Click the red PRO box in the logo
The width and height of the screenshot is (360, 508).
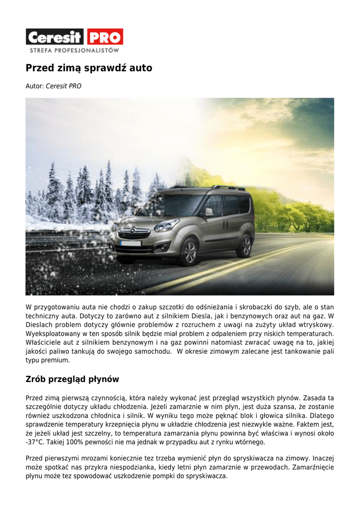tap(105, 37)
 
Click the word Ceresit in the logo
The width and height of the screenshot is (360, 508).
tap(56, 37)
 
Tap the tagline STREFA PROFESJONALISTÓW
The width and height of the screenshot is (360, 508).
tap(74, 50)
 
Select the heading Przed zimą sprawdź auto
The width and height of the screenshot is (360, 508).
tap(89, 68)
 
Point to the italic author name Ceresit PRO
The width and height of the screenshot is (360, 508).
tap(64, 86)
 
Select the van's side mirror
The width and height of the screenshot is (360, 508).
tap(209, 212)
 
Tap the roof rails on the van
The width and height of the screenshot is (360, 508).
tap(228, 188)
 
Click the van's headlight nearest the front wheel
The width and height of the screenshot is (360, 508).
tap(167, 226)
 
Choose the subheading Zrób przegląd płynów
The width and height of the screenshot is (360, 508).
tap(72, 380)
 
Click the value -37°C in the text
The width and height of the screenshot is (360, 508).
tap(35, 442)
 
